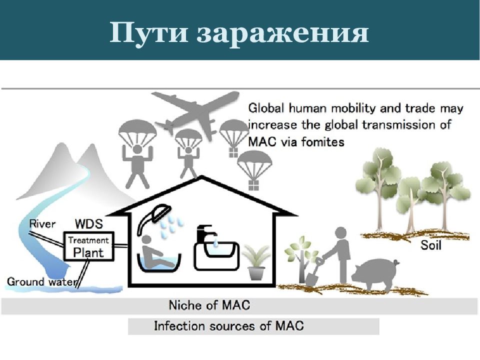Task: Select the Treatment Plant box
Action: (x=89, y=246)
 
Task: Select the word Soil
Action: (x=430, y=245)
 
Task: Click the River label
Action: (x=42, y=224)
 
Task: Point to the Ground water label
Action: (x=41, y=281)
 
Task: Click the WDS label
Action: (x=89, y=224)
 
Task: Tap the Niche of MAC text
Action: (x=209, y=305)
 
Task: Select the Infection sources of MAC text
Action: (x=228, y=325)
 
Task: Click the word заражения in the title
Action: (x=282, y=33)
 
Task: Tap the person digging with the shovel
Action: (x=340, y=254)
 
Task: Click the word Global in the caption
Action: (x=266, y=108)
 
